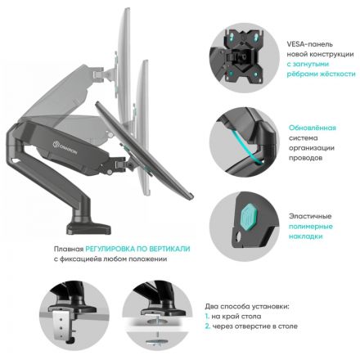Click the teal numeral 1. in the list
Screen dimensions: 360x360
coord(209,315)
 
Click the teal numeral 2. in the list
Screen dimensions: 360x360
coord(209,326)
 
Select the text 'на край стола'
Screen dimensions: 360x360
coord(238,315)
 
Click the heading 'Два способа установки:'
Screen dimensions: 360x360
coord(248,304)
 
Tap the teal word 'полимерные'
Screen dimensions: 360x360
coord(312,226)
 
